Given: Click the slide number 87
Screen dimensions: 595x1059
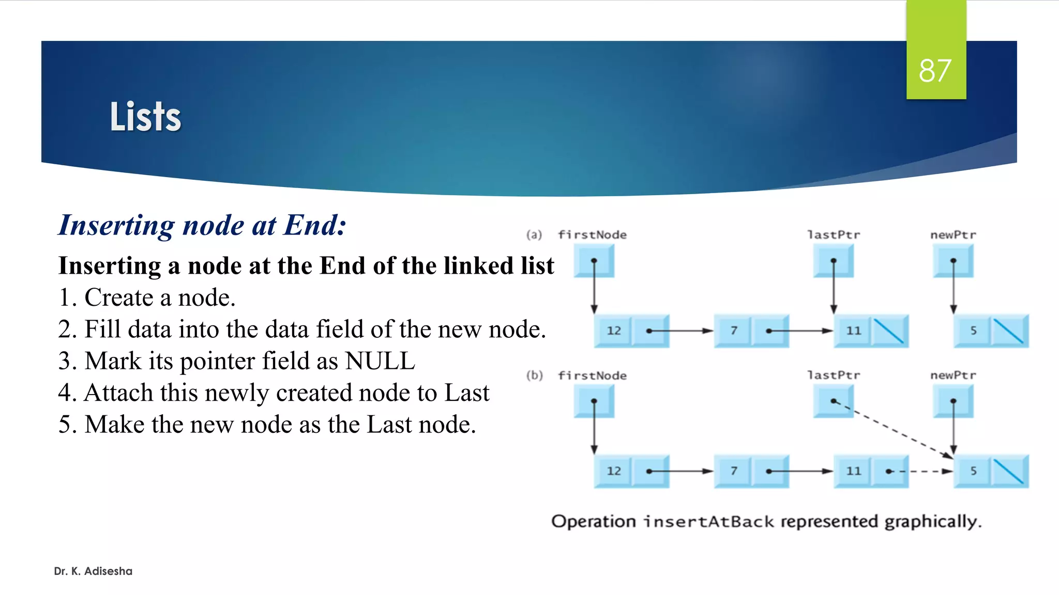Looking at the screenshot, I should tap(935, 71).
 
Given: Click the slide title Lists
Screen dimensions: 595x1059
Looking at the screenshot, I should tap(145, 117).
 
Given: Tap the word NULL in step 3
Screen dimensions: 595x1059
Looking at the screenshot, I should tap(380, 361).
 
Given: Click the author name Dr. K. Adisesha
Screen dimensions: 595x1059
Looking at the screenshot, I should tap(93, 571).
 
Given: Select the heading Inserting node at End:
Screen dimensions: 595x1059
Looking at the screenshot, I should tap(202, 225).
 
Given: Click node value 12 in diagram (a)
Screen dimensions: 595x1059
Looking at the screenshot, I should tap(613, 331).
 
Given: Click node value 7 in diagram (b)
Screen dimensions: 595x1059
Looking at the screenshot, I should tap(733, 471).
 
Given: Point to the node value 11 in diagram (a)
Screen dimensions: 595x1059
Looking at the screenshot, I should tap(853, 331).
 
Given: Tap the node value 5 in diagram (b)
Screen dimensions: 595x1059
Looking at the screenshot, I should tap(973, 471).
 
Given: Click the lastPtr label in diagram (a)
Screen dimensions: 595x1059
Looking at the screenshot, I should tap(834, 235).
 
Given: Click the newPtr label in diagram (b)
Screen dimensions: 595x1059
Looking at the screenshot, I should tap(953, 375).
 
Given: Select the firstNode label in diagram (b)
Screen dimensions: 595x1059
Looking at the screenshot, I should tap(592, 375).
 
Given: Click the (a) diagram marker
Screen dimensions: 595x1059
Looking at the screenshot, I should tap(534, 235).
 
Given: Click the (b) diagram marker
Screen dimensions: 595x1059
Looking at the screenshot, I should tap(535, 375).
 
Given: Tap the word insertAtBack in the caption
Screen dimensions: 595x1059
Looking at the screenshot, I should tap(708, 522).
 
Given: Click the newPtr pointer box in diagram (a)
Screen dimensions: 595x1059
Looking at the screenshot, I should tap(953, 261).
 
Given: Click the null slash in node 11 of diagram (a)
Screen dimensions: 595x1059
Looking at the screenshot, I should tap(889, 331).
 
